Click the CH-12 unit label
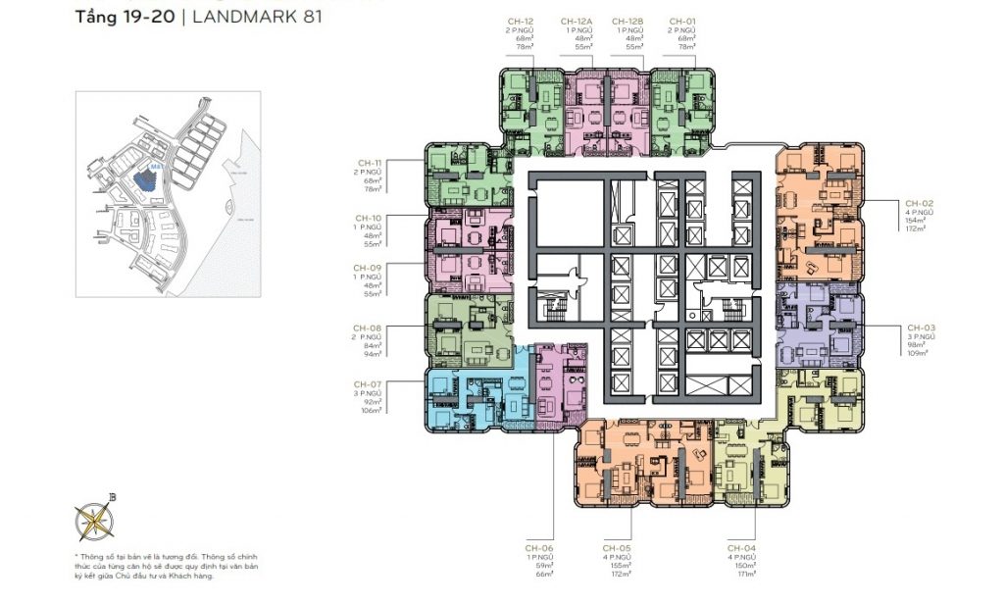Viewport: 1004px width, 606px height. click(x=522, y=21)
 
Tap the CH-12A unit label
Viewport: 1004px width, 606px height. click(x=576, y=21)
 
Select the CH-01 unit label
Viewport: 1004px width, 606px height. click(x=681, y=21)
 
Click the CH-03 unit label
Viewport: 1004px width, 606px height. click(x=923, y=327)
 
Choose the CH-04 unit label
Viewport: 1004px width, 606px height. click(x=741, y=547)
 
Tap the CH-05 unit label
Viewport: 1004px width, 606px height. click(x=615, y=547)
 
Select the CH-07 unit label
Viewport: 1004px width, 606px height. click(x=368, y=383)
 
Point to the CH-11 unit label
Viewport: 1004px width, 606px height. click(x=369, y=163)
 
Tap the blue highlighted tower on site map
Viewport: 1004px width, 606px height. click(x=146, y=179)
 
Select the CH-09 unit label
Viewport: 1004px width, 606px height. click(x=369, y=267)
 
